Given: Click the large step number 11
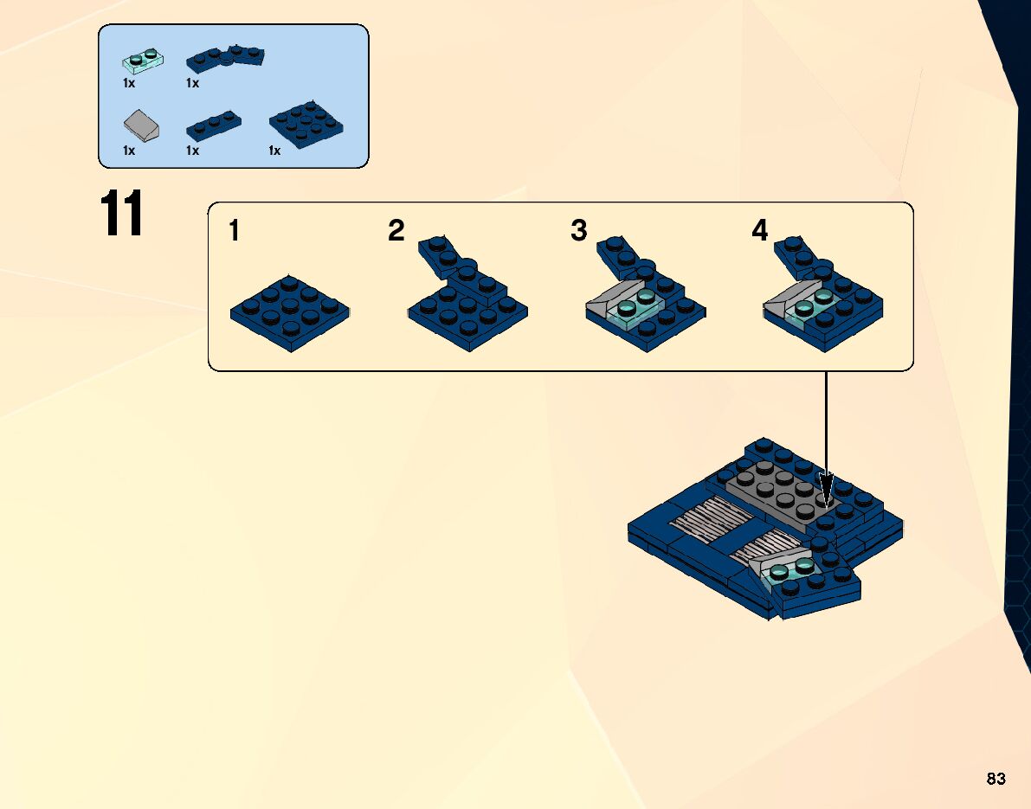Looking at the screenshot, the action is [121, 214].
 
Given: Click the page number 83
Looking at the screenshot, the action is [996, 780].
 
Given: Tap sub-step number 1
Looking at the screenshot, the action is [235, 231].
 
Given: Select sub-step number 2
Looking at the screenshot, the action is [396, 231].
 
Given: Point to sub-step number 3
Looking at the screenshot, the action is [578, 231].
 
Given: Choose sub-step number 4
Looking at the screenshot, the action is [759, 231].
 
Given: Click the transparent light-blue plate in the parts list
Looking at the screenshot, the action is [142, 61].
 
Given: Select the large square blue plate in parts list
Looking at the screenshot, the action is [308, 126].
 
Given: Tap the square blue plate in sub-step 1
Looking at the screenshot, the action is [290, 312].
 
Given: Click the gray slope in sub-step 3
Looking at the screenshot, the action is [609, 301].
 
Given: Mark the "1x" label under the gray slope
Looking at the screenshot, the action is [129, 151].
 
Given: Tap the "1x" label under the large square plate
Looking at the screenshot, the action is [274, 151].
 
